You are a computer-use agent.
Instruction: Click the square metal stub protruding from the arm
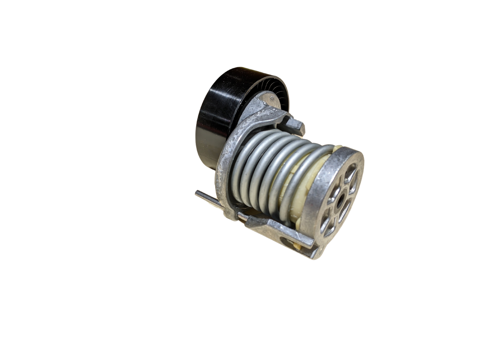click(x=298, y=126)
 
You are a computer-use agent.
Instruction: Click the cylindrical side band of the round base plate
click(x=316, y=200)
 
